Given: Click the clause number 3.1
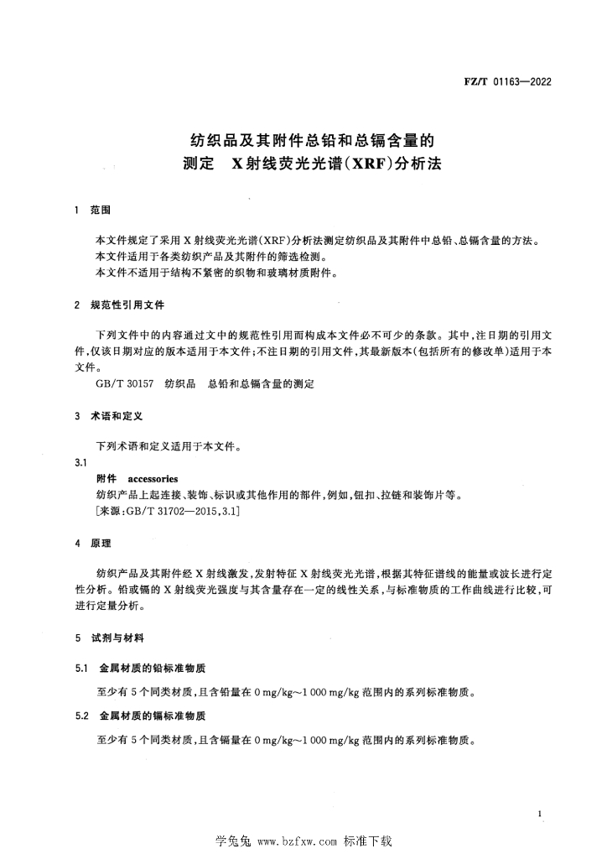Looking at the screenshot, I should click(x=81, y=463).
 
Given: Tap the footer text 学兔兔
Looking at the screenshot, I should click(x=234, y=841).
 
